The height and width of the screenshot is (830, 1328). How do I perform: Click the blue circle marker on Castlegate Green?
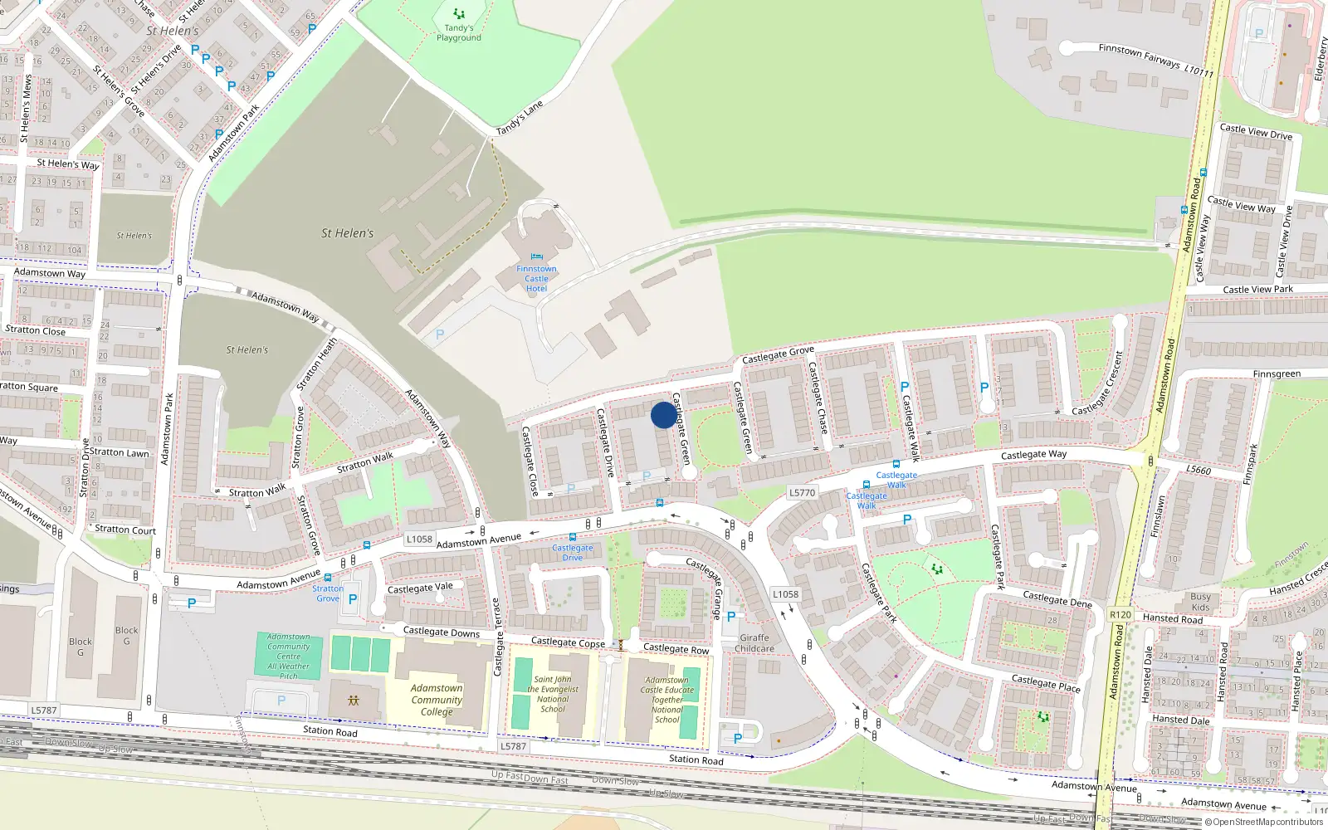[x=663, y=415]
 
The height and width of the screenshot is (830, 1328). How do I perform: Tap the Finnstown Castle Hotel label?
[x=536, y=278]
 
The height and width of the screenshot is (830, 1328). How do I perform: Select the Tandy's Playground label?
[x=459, y=32]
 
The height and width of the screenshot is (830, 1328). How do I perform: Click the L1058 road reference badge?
[x=419, y=539]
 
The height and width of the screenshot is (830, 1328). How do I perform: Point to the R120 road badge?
[x=1120, y=615]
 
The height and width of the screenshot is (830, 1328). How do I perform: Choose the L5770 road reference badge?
[x=802, y=492]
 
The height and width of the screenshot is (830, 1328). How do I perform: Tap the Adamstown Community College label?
[x=437, y=700]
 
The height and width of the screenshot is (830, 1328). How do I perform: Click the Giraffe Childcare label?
[x=754, y=643]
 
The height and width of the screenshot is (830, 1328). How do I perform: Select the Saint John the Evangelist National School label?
[x=553, y=694]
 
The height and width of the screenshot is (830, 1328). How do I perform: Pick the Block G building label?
[x=81, y=647]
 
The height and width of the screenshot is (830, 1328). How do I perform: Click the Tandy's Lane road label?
[x=520, y=118]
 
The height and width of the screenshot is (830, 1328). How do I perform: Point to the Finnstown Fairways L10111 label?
[x=1155, y=60]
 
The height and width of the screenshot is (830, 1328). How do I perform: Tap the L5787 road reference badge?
[x=44, y=710]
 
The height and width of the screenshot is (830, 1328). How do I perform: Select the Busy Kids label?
[x=1200, y=602]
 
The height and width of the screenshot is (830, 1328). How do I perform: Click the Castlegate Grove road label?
[x=778, y=354]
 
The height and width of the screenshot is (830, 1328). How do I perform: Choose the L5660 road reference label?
[x=1198, y=470]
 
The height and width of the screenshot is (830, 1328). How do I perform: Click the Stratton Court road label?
[x=124, y=530]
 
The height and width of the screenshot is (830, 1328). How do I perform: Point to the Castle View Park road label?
[x=1257, y=290]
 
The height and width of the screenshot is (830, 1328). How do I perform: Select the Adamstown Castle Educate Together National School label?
[x=666, y=700]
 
